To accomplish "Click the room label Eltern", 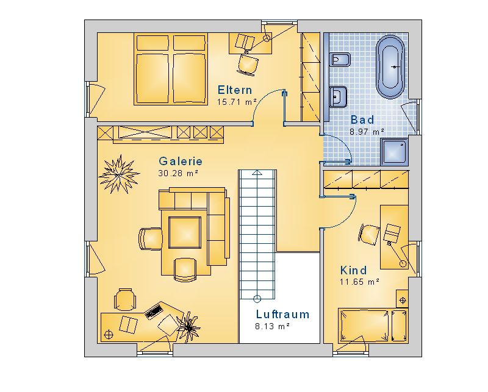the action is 235,90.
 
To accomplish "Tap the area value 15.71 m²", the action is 237,102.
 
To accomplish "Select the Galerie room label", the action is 181,161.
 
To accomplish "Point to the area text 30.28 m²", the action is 178,173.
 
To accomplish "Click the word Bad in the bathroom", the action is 362,119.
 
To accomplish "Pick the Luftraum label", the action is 282,314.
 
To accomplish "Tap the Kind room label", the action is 353,270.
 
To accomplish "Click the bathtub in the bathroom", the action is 390,67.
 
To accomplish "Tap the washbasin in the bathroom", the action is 338,96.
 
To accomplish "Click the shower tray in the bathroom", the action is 394,152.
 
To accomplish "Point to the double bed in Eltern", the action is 171,69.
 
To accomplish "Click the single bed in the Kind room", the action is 373,326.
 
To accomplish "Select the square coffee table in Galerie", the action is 185,232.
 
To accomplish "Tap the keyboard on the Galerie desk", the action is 154,311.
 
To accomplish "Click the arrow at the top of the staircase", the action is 257,173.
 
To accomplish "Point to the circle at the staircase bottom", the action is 257,299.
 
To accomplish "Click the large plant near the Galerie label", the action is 119,174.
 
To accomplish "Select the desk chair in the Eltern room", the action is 248,65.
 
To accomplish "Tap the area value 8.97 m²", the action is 367,132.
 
